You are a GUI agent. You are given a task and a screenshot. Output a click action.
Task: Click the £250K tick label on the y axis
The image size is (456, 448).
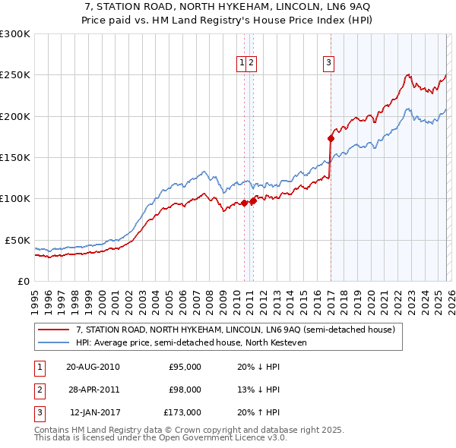click(15, 75)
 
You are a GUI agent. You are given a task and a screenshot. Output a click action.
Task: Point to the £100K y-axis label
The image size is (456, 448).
click(15, 198)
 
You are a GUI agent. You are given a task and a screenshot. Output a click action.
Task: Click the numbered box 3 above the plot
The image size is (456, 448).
click(329, 63)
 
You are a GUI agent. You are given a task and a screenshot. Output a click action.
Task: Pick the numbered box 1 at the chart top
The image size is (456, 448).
click(242, 63)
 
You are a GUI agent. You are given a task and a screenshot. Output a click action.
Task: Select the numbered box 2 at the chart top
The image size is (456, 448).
click(251, 63)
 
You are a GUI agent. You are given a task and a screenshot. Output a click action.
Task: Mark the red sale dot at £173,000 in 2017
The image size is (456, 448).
click(331, 138)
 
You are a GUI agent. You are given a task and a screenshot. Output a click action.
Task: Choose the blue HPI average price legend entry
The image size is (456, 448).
click(189, 343)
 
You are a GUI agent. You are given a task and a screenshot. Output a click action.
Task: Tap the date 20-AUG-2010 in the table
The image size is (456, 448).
click(93, 367)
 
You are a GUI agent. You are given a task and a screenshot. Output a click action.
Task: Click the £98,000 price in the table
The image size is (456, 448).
click(185, 390)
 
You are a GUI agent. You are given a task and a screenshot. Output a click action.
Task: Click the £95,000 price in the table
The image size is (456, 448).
click(185, 367)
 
